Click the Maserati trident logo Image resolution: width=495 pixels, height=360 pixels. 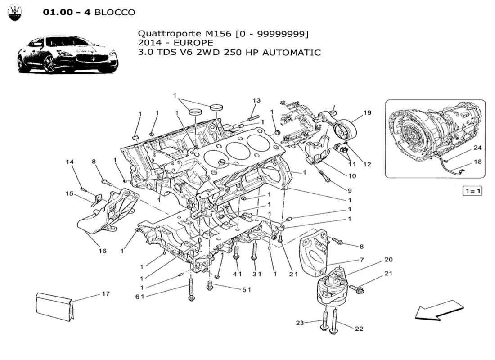pos(17,13)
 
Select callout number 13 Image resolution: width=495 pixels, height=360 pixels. pos(256,100)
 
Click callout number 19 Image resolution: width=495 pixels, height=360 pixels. pos(367,113)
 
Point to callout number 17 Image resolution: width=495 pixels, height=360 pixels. pos(105,294)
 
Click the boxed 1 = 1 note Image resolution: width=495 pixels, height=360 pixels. pos(472,191)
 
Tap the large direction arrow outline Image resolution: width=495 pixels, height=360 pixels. pos(438,310)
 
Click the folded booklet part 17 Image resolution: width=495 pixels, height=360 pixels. pos(53,306)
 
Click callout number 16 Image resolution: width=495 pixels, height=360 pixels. pos(103,251)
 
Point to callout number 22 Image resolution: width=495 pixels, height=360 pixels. pos(359,329)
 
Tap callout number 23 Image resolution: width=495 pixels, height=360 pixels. pos(300,322)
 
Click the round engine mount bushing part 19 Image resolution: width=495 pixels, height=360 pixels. pos(346,130)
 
